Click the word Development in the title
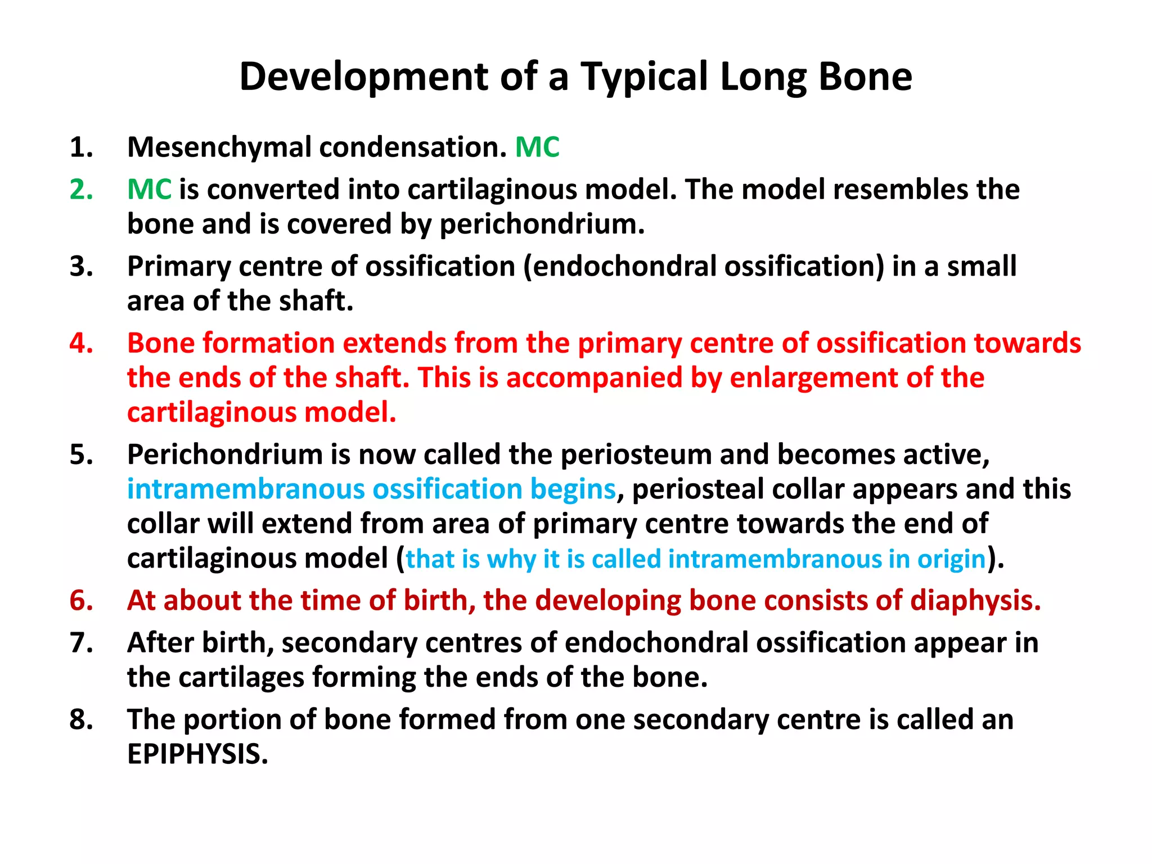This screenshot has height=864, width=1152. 364,77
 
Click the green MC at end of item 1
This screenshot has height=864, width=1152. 537,147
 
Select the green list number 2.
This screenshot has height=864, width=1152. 81,190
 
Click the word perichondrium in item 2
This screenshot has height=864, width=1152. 542,224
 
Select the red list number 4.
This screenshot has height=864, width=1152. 81,343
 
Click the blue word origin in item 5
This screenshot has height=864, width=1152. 951,559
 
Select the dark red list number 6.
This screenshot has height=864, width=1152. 81,601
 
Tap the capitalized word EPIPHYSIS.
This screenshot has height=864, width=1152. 197,754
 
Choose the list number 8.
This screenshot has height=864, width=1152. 81,720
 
